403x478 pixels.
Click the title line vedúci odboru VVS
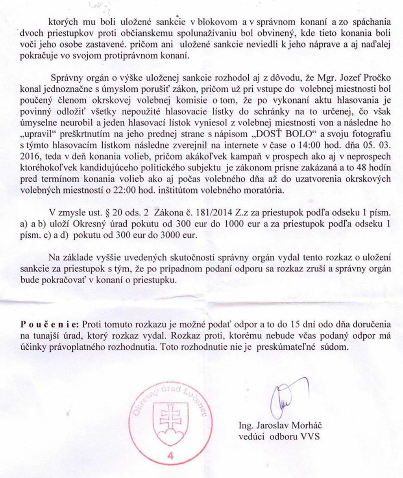[x=279, y=436]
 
